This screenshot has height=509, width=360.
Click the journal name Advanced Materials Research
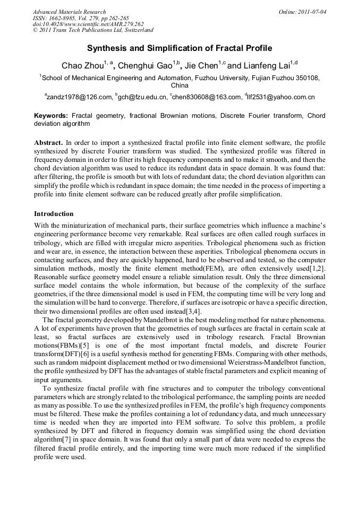pyautogui.click(x=70, y=12)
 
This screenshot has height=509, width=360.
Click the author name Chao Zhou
pyautogui.click(x=82, y=66)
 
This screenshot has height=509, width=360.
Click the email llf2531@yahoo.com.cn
pyautogui.click(x=282, y=97)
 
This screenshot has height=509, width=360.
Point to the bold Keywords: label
pyautogui.click(x=51, y=115)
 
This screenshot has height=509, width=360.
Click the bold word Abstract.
pyautogui.click(x=48, y=143)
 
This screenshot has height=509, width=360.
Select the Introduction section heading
pyautogui.click(x=54, y=214)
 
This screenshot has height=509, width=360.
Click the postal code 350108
pyautogui.click(x=306, y=77)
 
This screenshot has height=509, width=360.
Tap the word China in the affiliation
pyautogui.click(x=179, y=85)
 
